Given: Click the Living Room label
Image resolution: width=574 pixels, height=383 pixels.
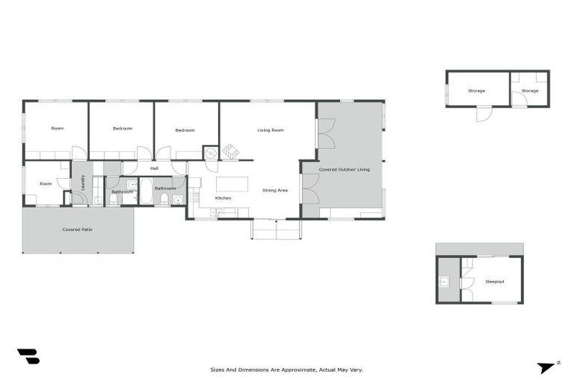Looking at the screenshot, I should (271, 130).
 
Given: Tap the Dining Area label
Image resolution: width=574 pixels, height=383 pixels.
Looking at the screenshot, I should (275, 190).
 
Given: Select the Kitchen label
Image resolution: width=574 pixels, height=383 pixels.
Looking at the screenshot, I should (223, 198).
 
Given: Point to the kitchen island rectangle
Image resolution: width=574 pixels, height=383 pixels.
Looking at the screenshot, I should (232, 183).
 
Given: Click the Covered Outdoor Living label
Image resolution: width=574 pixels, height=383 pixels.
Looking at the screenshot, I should (345, 170).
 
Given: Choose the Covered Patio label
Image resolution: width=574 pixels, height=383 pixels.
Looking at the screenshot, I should (77, 230).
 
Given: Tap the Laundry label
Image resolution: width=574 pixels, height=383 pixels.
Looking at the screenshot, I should (82, 182).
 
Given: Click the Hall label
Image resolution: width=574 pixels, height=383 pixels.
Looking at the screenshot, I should (154, 168).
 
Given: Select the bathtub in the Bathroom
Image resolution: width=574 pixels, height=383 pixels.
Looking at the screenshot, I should (146, 191).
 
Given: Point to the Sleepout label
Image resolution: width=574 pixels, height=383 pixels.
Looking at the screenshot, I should (495, 282).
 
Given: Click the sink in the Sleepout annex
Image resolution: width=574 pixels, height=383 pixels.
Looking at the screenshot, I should (443, 282).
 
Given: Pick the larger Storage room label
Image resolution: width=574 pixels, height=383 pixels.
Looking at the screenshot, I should (476, 91).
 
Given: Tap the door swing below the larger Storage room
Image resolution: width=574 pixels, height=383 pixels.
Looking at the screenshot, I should (484, 115).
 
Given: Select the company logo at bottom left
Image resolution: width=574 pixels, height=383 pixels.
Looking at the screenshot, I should (28, 357).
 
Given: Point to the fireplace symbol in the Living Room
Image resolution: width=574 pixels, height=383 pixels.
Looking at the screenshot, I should (230, 153).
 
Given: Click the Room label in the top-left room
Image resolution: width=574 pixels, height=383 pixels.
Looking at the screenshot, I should (58, 128).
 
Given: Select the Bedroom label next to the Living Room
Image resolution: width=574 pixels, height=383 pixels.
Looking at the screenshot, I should (185, 130).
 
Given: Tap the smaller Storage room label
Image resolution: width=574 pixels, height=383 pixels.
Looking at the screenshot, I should (529, 91).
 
